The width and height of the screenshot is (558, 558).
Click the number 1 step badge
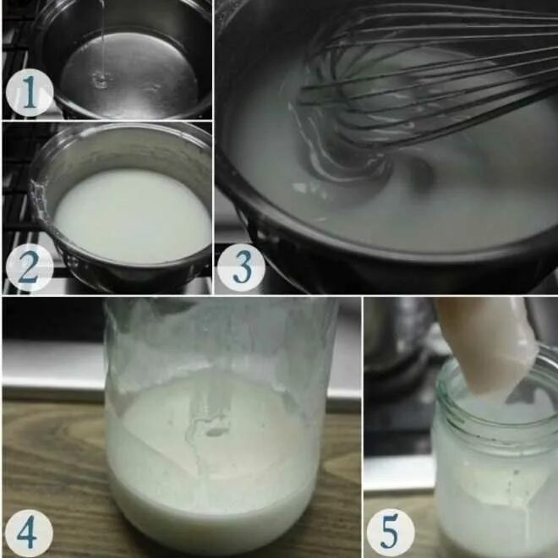(30, 92)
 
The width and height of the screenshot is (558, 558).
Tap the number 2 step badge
(30, 268)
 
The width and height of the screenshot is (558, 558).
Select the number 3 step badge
(241, 268)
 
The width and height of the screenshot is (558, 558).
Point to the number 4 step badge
(30, 533)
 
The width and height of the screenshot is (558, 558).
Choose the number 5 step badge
(391, 533)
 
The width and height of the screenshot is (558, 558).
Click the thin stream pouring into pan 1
(103, 39)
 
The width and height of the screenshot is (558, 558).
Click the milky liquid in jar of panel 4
(214, 462)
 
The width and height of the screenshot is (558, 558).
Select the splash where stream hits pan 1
(102, 79)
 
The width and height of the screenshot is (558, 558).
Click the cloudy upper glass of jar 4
(221, 338)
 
